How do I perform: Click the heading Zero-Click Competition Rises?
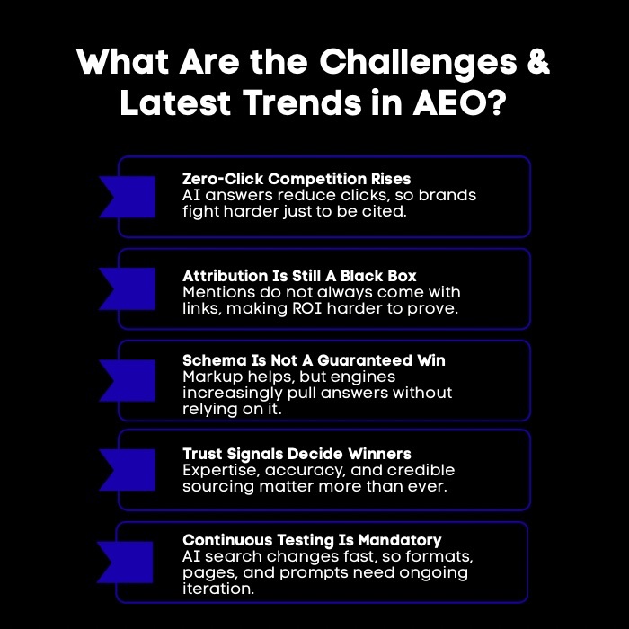coord(297,178)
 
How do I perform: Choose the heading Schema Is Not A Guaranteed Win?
coord(314,360)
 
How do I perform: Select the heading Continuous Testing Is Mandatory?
coord(312,540)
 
